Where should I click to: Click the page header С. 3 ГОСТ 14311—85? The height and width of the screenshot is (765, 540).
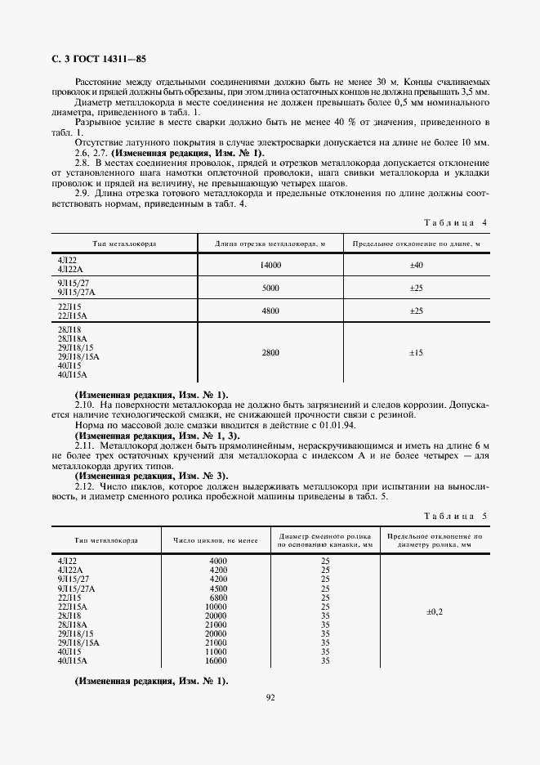click(94, 58)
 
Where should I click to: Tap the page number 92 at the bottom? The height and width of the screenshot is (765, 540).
click(270, 697)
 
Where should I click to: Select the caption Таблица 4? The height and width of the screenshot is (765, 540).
click(457, 222)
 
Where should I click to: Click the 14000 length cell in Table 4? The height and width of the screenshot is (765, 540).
click(270, 266)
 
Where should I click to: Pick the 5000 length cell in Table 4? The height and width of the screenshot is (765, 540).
click(270, 289)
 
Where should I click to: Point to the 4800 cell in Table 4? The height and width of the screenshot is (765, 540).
click(270, 311)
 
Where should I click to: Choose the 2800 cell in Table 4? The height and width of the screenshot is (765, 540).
click(270, 352)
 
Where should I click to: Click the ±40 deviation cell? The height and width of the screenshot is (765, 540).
click(415, 266)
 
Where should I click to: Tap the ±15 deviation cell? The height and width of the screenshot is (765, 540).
click(415, 352)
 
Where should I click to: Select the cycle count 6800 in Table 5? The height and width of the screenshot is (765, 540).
click(217, 597)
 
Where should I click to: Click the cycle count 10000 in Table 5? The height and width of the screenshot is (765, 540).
click(216, 606)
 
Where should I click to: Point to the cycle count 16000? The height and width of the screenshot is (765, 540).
click(216, 660)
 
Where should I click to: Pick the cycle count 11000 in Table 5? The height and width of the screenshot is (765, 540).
click(216, 651)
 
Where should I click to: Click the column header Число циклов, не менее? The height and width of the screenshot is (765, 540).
click(216, 540)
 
